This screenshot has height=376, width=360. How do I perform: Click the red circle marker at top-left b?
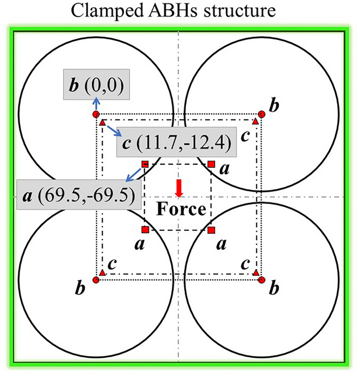[96, 115]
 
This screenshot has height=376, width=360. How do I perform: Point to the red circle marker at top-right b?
[261, 114]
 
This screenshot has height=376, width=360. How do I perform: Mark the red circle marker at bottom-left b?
[96, 279]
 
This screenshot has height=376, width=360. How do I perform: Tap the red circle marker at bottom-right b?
[261, 279]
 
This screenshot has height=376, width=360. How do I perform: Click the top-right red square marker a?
[212, 164]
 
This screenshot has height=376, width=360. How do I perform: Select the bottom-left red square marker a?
[145, 229]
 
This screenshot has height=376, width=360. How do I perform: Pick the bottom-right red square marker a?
[212, 230]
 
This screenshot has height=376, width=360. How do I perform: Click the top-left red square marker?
[145, 164]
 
